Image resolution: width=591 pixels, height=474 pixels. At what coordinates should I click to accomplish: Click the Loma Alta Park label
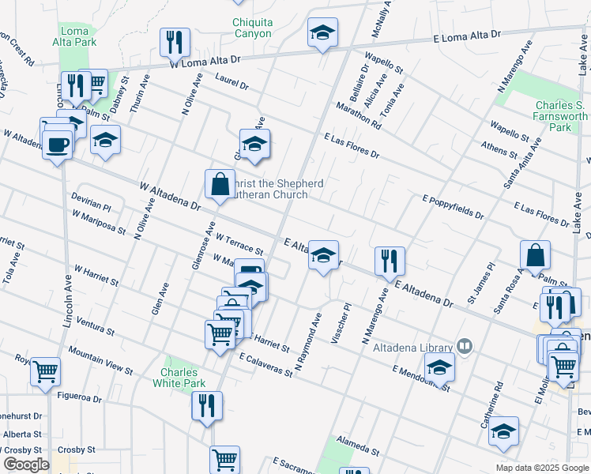click(x=76, y=37)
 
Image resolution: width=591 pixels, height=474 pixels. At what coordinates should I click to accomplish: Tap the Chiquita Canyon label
click(x=252, y=28)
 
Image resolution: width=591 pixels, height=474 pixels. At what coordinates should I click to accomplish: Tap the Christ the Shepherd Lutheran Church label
click(x=275, y=189)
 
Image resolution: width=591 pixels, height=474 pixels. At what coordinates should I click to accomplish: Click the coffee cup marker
click(x=58, y=145)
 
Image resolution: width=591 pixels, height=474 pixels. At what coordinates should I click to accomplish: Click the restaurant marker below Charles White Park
click(x=207, y=405)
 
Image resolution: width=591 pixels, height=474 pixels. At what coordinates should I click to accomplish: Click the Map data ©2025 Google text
click(x=541, y=468)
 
